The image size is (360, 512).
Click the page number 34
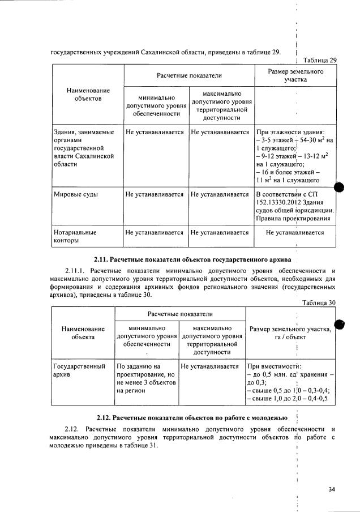click(332, 489)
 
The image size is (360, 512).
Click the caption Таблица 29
click(320, 60)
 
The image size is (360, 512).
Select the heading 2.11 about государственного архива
click(192, 259)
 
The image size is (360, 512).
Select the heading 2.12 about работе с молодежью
click(192, 418)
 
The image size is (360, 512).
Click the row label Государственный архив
click(79, 371)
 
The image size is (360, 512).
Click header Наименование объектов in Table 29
click(88, 95)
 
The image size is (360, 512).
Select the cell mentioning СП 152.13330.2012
click(294, 207)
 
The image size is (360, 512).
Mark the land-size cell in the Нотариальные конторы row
click(294, 232)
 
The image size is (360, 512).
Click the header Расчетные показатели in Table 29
click(189, 75)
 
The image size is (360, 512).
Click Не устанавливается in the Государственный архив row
click(212, 366)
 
